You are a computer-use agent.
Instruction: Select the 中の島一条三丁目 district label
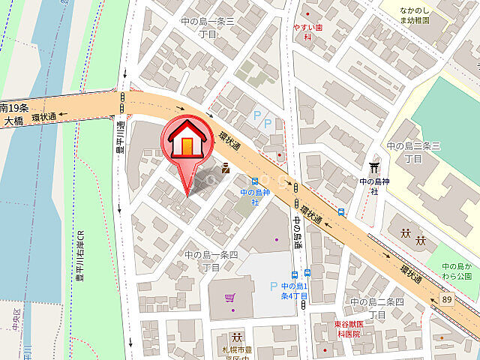(x=208, y=28)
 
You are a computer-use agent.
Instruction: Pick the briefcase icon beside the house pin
(x=225, y=168)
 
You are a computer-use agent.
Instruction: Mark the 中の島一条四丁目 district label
(x=212, y=261)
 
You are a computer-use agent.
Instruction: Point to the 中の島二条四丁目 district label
(x=376, y=308)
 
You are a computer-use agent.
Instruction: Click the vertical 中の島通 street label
(x=297, y=232)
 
